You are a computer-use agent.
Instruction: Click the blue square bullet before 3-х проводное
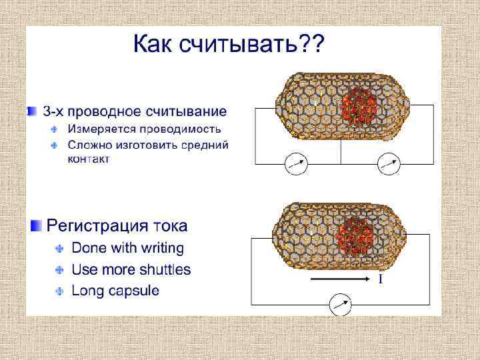point(31,109)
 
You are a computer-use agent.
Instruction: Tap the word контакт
point(89,159)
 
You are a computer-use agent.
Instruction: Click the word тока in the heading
point(169,226)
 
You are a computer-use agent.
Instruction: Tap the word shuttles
point(165,270)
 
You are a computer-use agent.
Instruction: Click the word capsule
point(134,291)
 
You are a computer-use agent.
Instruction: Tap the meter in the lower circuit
point(340,305)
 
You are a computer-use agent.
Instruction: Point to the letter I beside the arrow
point(380,279)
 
